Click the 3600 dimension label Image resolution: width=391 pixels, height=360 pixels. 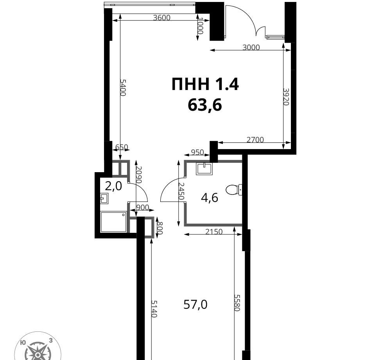tap(161, 18)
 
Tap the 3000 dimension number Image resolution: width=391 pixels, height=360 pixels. tap(251, 47)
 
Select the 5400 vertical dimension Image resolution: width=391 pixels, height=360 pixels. tap(123, 88)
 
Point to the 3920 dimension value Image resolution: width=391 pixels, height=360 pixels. tap(286, 97)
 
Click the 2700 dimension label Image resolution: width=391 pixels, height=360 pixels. tap(255, 140)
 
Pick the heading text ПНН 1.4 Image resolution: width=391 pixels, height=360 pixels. tap(205, 84)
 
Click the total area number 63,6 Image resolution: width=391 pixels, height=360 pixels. tap(205, 105)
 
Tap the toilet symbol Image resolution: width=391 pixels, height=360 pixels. tap(234, 190)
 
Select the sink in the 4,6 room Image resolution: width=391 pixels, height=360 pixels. tap(204, 169)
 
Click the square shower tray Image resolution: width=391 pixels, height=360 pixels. tap(113, 222)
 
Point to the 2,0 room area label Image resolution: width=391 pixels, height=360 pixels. tap(113, 186)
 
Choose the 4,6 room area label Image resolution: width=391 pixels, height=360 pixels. tap(210, 198)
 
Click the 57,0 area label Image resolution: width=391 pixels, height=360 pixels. tap(195, 304)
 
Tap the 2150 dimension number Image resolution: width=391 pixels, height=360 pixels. tap(214, 232)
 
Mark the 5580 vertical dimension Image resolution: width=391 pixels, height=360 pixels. tap(237, 303)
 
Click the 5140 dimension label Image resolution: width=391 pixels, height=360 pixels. tap(154, 309)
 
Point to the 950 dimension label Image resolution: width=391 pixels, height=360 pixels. tap(197, 152)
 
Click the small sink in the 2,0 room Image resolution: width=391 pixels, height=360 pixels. tap(104, 199)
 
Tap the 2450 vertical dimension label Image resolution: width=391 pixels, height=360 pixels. tap(181, 191)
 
